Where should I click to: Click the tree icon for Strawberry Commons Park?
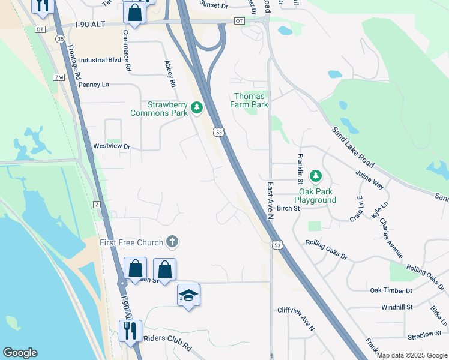pyautogui.click(x=196, y=108)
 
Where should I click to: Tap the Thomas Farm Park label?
pyautogui.click(x=250, y=100)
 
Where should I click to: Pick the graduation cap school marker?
pyautogui.click(x=188, y=295)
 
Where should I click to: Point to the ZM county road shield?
pyautogui.click(x=58, y=77)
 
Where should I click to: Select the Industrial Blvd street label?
pyautogui.click(x=100, y=61)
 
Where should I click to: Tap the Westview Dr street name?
pyautogui.click(x=112, y=146)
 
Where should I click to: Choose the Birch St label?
pyautogui.click(x=288, y=208)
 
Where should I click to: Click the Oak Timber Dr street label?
pyautogui.click(x=391, y=290)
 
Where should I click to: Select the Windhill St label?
pyautogui.click(x=397, y=307)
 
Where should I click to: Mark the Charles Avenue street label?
pyautogui.click(x=391, y=238)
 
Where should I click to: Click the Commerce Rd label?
pyautogui.click(x=127, y=51)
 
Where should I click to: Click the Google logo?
pyautogui.click(x=20, y=353)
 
